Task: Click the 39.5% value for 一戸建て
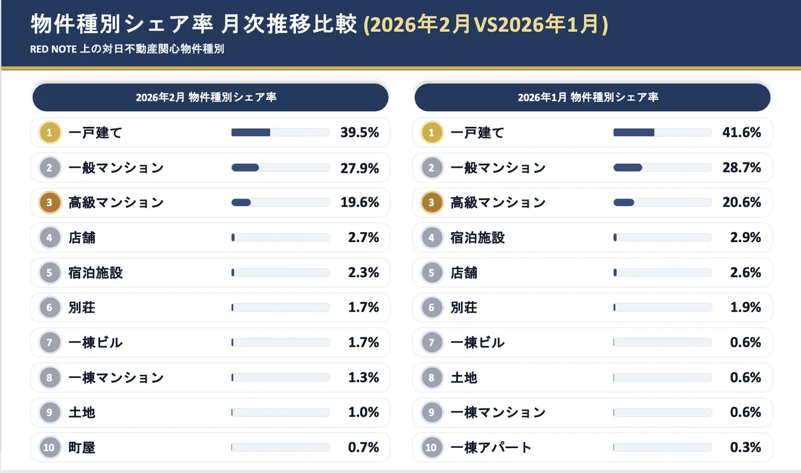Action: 360,133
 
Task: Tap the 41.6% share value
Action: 742,133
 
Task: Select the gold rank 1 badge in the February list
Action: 49,133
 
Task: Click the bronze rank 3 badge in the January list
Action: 431,203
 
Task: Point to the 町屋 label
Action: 82,447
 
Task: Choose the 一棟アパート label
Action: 491,447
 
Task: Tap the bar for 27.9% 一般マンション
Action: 280,168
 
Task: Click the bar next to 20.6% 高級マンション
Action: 662,203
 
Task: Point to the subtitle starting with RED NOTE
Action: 127,49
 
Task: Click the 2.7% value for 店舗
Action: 364,238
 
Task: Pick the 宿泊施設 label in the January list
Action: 477,238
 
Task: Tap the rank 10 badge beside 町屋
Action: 49,447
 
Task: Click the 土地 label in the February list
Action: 82,412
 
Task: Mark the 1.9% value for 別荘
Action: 745,307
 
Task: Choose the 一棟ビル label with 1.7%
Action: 96,342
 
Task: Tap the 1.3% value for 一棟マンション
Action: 364,377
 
